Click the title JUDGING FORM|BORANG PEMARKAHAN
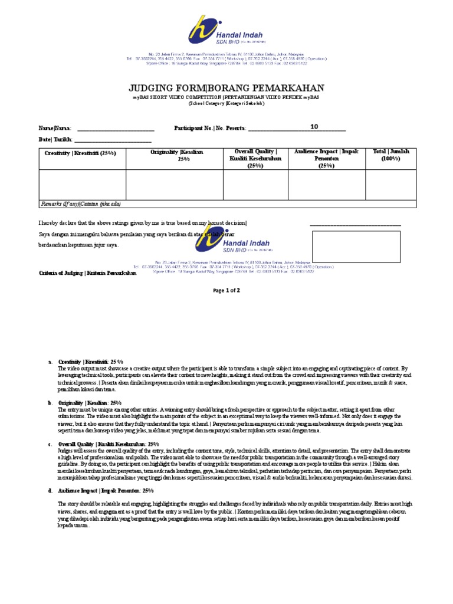click(x=226, y=88)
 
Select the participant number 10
click(x=314, y=126)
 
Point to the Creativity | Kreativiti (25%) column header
click(x=81, y=153)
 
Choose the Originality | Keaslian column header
click(x=174, y=156)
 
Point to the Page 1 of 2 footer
click(x=226, y=291)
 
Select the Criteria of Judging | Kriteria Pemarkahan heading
click(x=91, y=273)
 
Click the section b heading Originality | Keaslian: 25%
click(x=96, y=402)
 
